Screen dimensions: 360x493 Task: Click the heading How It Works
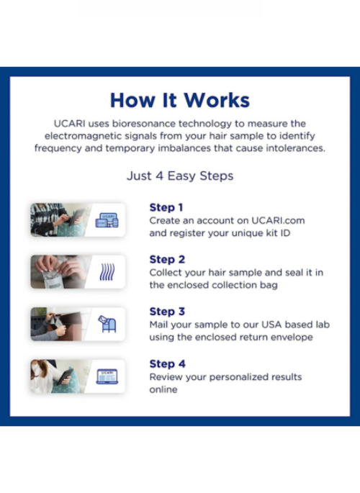[x=180, y=100]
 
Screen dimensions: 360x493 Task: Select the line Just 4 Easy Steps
[x=180, y=176]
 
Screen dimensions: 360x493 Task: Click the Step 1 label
[x=166, y=207]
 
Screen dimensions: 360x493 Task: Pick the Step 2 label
[x=167, y=259]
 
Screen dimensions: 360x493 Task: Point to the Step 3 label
[x=167, y=312]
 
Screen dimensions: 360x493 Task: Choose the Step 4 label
[x=168, y=363]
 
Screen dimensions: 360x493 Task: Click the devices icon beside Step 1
[x=107, y=220]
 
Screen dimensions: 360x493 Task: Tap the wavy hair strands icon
[x=107, y=272]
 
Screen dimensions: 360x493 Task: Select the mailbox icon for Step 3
[x=107, y=324]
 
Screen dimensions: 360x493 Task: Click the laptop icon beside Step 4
[x=107, y=376]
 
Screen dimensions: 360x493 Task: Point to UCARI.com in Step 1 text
[x=278, y=221]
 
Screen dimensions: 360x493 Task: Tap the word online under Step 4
[x=163, y=389]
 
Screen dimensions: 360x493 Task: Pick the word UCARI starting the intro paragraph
[x=69, y=124]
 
